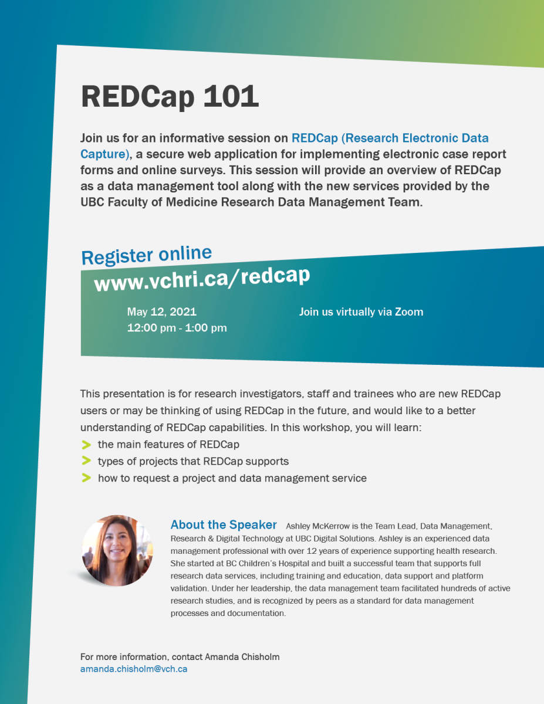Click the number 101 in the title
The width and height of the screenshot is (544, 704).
(231, 96)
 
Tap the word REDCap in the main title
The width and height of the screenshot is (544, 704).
(138, 97)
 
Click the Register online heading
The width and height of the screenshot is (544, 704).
(147, 255)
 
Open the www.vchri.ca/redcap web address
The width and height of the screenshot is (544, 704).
(202, 279)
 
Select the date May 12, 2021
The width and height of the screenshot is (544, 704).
(162, 312)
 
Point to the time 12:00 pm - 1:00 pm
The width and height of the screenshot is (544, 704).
(177, 328)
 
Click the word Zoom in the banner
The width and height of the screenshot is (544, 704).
(409, 312)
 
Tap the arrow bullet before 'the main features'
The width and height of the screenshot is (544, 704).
(86, 445)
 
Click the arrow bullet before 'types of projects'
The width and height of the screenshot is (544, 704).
(86, 461)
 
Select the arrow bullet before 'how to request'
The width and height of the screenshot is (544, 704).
(86, 478)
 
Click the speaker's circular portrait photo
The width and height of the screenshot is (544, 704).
(117, 550)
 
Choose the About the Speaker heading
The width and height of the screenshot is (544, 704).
(224, 524)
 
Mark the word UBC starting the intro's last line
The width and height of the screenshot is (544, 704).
(92, 202)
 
